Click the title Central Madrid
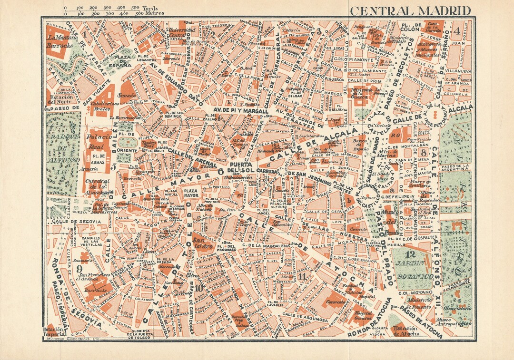(x=410, y=10)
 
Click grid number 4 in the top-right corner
(x=457, y=32)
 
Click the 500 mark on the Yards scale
(x=135, y=8)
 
